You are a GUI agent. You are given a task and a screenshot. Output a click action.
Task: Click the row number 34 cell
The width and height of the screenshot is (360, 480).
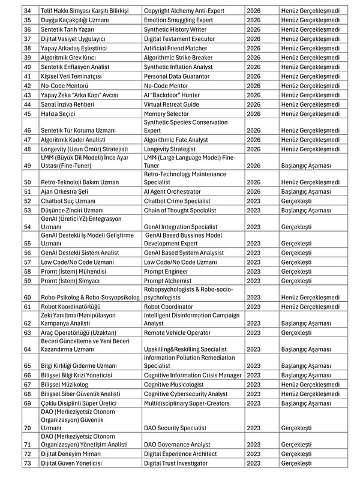tap(28, 11)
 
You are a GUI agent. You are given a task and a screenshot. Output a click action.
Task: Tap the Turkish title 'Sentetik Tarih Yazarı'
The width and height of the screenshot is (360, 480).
tap(68, 29)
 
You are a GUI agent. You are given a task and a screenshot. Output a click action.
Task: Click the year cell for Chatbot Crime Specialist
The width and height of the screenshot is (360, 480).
tap(253, 201)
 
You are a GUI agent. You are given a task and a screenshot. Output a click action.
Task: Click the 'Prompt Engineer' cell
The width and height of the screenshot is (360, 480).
tap(166, 271)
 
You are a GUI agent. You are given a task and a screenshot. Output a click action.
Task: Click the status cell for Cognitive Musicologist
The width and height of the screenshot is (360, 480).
tap(310, 385)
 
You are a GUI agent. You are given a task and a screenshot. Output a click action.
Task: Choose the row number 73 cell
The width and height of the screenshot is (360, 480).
tap(28, 463)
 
